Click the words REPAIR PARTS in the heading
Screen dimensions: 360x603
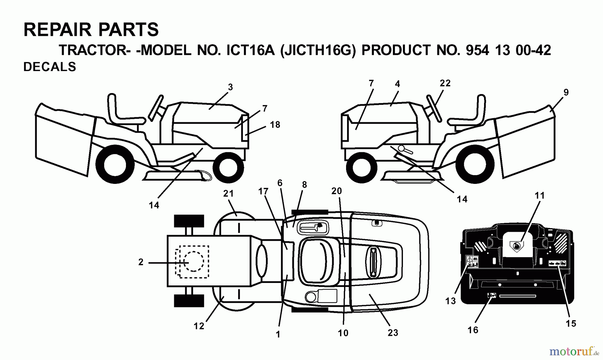[x=91, y=29]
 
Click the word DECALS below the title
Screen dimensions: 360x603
[x=50, y=67]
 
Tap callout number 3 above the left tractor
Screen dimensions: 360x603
[x=230, y=87]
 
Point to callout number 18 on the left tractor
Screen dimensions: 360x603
[x=275, y=125]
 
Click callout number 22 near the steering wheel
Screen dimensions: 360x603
[x=445, y=83]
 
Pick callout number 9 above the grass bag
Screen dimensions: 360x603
[x=566, y=92]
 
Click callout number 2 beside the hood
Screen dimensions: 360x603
[x=141, y=262]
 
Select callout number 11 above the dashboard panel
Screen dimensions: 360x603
[x=539, y=195]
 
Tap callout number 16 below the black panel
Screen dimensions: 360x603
[x=473, y=330]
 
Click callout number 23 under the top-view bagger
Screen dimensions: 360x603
[x=393, y=333]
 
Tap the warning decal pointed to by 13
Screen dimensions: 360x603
[x=472, y=262]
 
